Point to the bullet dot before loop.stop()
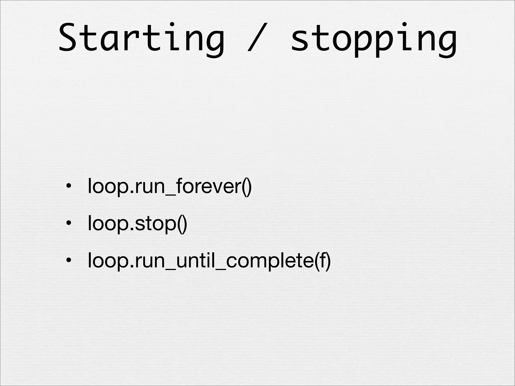[x=68, y=223]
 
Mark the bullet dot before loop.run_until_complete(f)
[x=68, y=261]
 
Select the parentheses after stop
[x=182, y=224]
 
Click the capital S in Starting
[x=67, y=38]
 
